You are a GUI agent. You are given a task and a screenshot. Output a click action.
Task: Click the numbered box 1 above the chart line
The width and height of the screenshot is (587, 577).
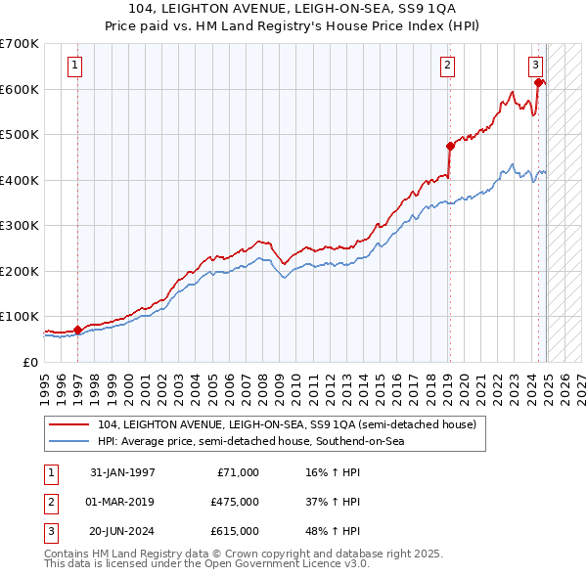click(x=75, y=67)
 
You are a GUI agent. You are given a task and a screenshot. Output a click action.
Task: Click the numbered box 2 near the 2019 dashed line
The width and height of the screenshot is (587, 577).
click(x=447, y=67)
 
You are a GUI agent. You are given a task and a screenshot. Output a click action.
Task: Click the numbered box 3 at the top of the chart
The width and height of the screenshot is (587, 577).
click(x=536, y=67)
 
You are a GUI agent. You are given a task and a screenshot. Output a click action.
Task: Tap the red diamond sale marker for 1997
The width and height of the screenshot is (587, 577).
click(x=78, y=330)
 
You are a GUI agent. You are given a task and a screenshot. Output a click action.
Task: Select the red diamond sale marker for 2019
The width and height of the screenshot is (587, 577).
click(x=450, y=147)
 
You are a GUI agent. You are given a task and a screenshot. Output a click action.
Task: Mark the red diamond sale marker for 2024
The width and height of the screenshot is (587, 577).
click(x=539, y=83)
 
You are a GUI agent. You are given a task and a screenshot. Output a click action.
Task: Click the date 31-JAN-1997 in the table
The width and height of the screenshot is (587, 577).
click(x=122, y=472)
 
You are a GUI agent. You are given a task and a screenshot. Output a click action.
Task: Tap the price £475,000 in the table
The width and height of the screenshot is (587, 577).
click(x=234, y=502)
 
